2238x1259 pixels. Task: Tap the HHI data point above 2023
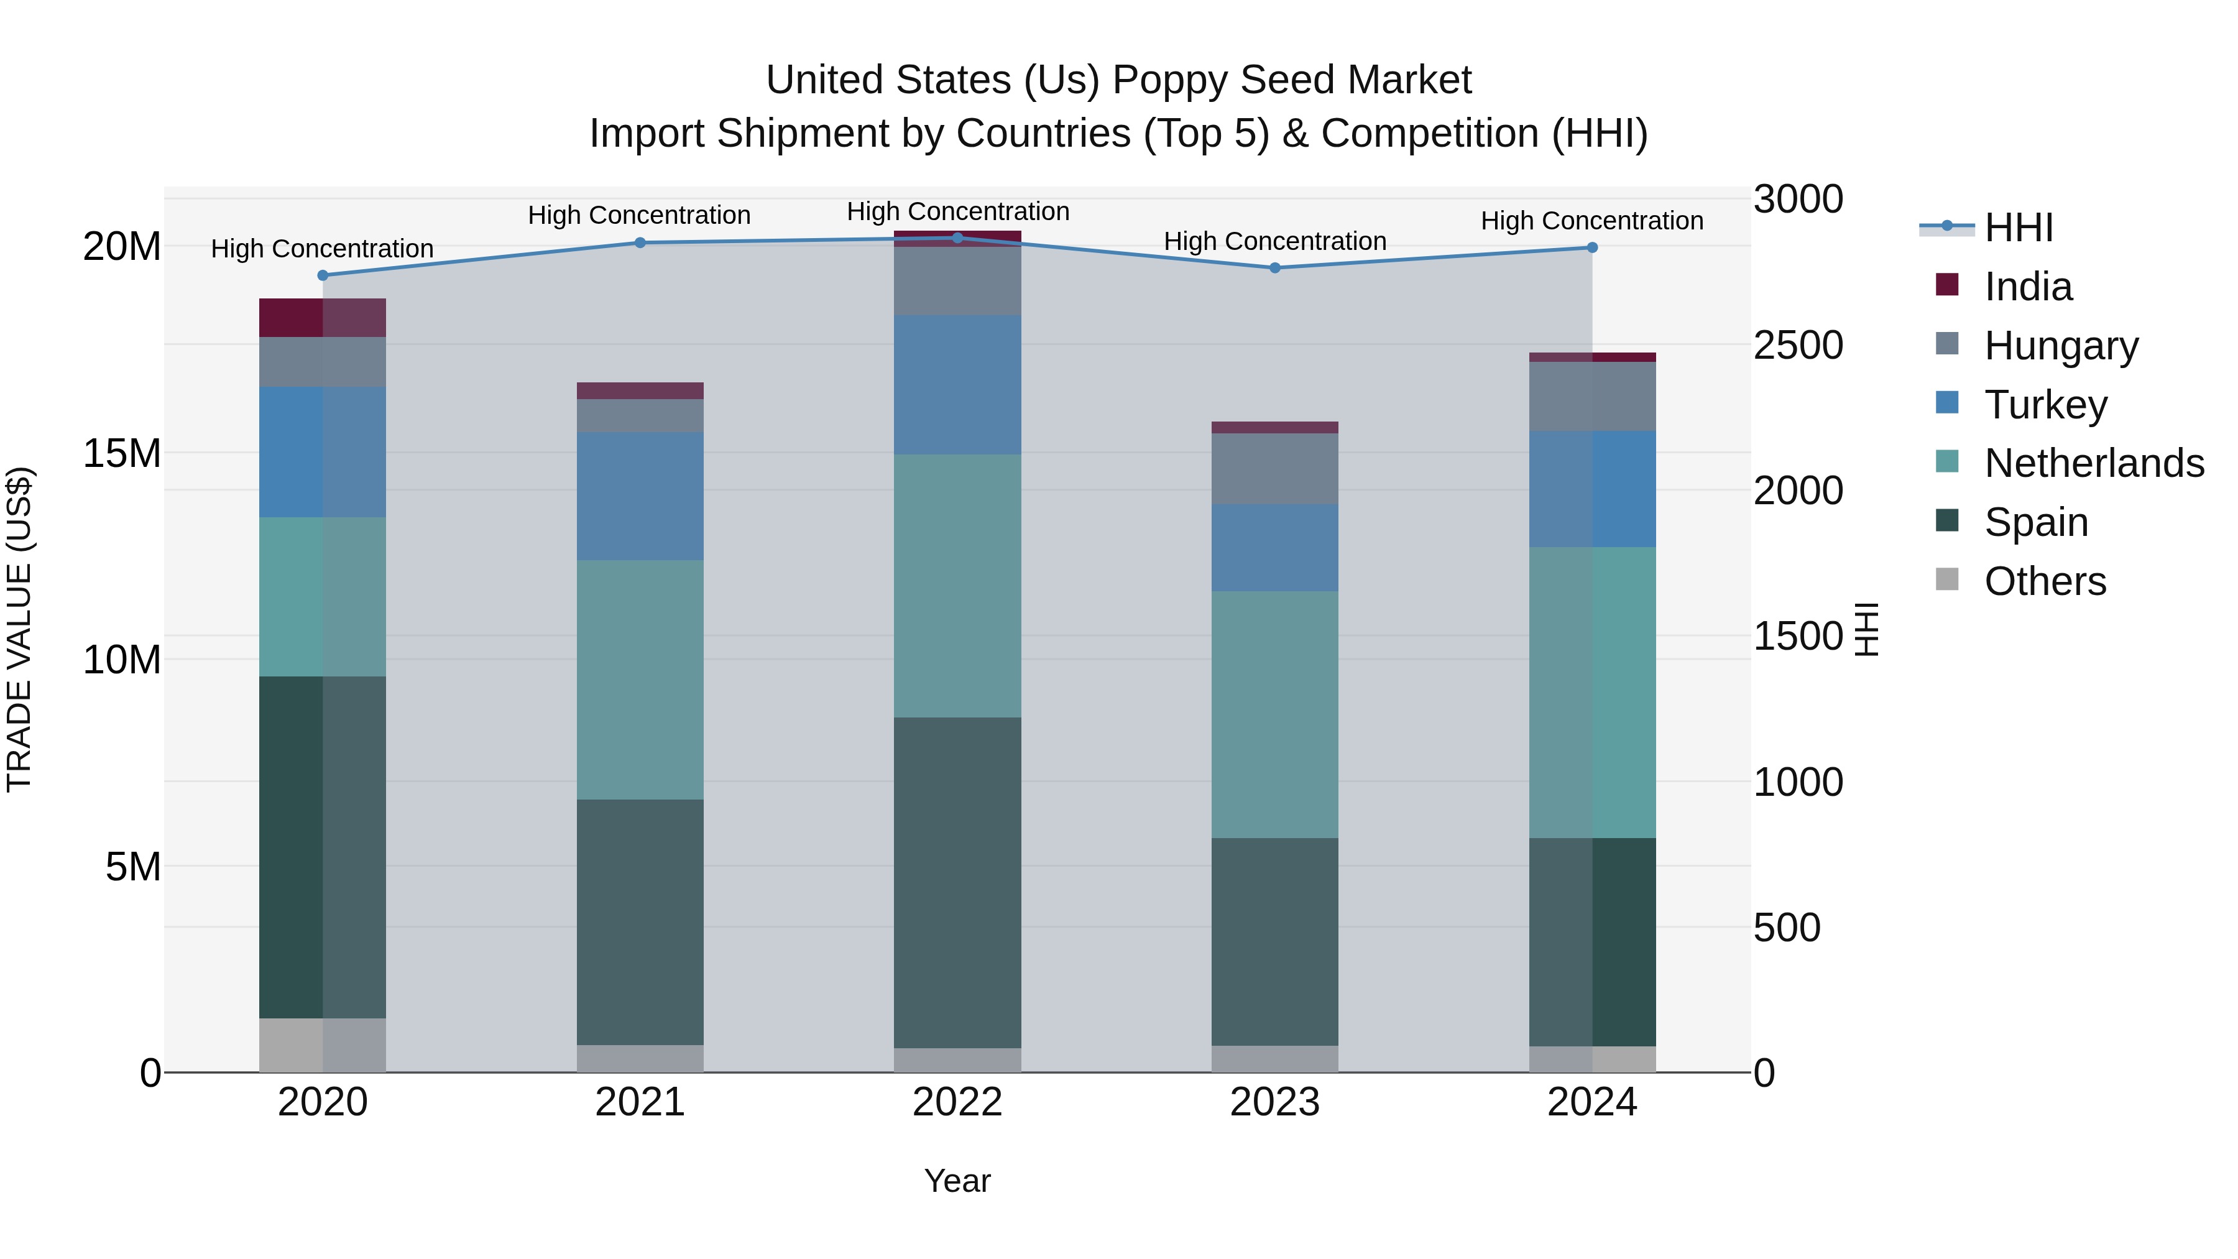click(x=1274, y=267)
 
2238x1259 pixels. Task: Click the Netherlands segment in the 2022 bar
click(x=957, y=585)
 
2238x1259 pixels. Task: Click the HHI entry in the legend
click(x=2017, y=228)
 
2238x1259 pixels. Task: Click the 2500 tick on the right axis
click(x=1797, y=345)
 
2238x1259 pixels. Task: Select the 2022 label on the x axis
click(x=957, y=1102)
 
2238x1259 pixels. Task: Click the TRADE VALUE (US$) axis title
click(x=19, y=629)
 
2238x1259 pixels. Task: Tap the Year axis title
click(x=957, y=1181)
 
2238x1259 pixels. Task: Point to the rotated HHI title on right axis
click(x=1866, y=629)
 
